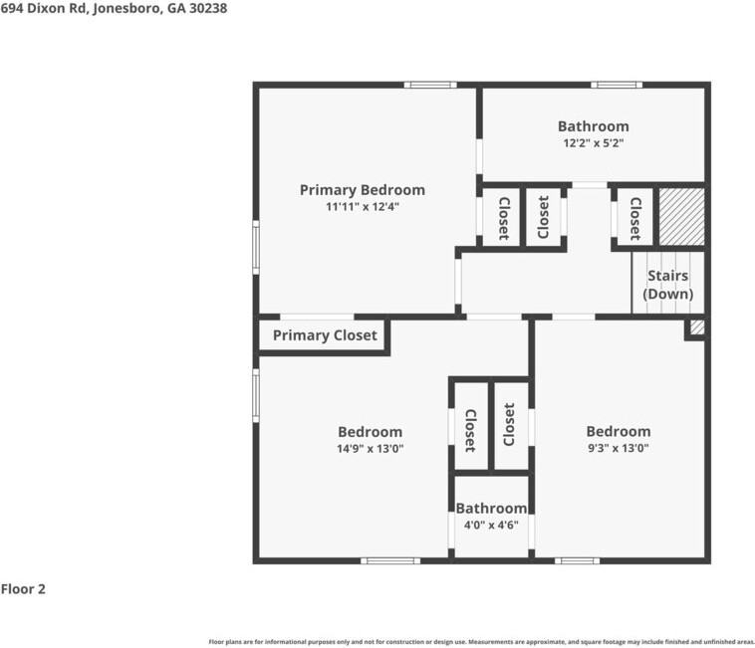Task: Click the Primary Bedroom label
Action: coord(362,190)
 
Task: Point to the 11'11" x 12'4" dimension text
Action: coord(362,207)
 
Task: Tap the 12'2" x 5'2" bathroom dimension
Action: coord(593,142)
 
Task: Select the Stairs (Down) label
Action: coord(667,285)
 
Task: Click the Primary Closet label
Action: coord(325,335)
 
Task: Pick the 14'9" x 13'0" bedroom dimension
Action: coord(370,448)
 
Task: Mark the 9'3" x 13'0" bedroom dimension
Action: coord(618,448)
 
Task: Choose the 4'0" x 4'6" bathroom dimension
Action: coord(491,525)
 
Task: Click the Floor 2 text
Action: coord(23,589)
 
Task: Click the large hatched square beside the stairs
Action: coord(682,216)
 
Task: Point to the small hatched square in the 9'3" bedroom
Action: coord(697,326)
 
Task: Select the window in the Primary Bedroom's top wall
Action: coord(430,85)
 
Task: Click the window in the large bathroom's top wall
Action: coord(616,85)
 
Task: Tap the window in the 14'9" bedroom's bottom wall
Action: coord(389,560)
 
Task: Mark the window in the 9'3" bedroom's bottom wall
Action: coord(577,560)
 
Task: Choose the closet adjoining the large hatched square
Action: coord(633,216)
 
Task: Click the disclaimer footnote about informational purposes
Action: coord(481,642)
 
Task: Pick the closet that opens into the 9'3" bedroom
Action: coord(510,425)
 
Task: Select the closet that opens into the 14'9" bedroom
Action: coord(470,425)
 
